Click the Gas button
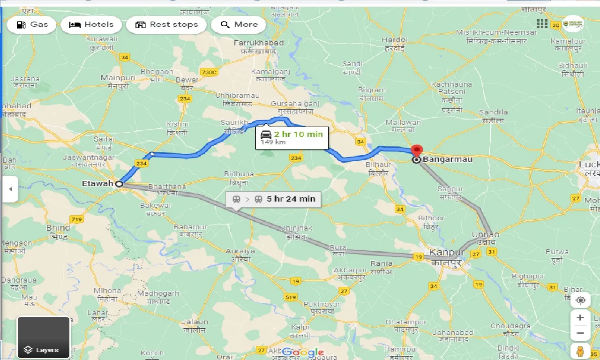pos(32,25)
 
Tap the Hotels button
pos(91,25)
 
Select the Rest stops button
pos(166,25)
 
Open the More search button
pos(239,25)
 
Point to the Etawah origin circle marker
pos(119,184)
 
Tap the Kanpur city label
pos(447,253)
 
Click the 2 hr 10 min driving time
pos(298,134)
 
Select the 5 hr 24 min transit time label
pos(291,199)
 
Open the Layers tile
pos(43,337)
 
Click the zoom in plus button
pos(580,317)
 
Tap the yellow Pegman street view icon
pos(580,351)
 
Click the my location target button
pos(580,300)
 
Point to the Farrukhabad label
pos(258,43)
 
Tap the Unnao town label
pos(485,234)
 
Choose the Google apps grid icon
pos(542,23)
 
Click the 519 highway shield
pos(290,297)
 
